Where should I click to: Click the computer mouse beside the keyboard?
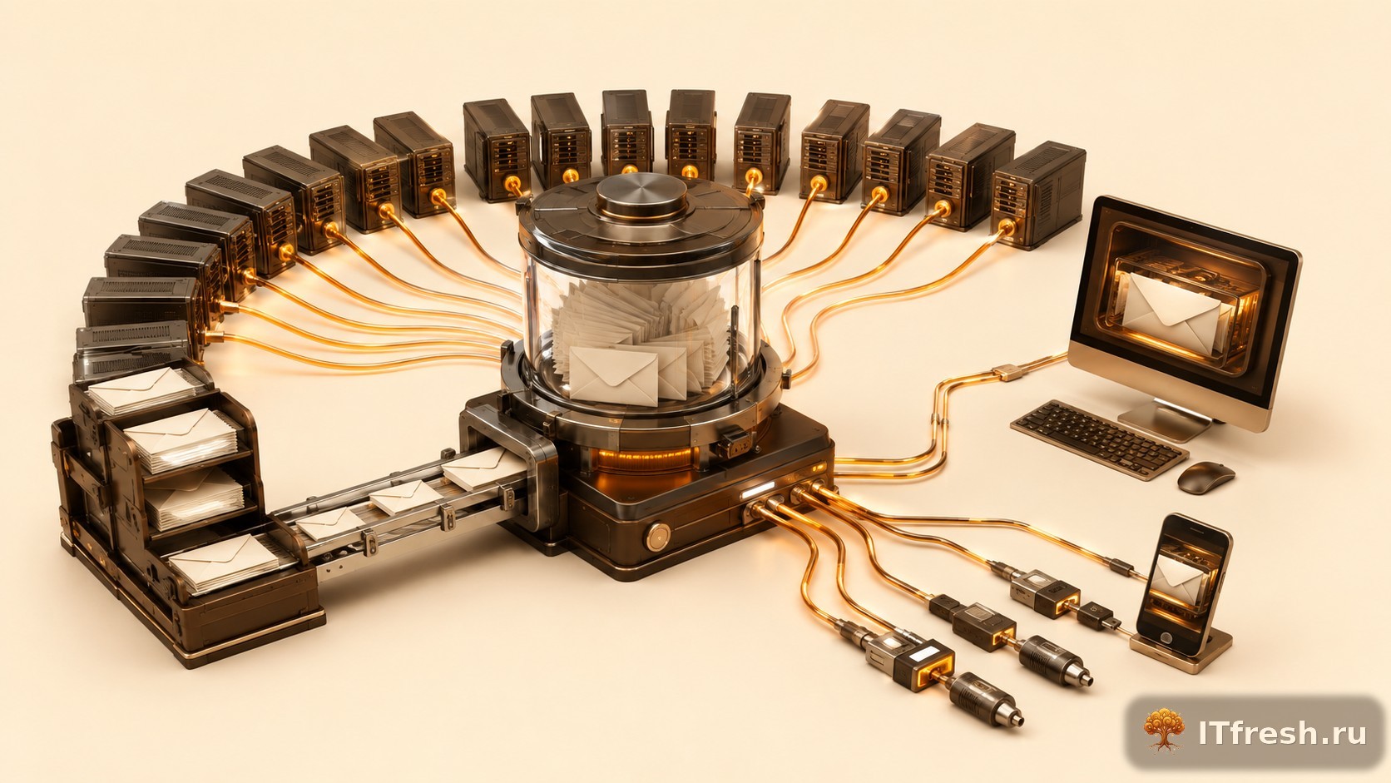[x=1206, y=478]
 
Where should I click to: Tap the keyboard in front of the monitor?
[x=1099, y=439]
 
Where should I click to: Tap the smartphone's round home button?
[x=1165, y=637]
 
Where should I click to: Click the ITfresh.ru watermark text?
[x=1282, y=733]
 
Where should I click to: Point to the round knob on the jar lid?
[x=641, y=195]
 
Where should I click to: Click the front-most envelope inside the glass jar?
[x=613, y=375]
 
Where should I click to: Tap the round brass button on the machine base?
[x=658, y=537]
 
